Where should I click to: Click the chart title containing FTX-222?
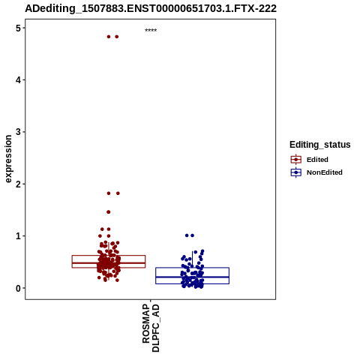(x=151, y=9)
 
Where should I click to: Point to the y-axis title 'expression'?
(x=8, y=159)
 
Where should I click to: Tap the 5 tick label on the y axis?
(x=18, y=28)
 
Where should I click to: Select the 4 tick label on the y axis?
(x=18, y=80)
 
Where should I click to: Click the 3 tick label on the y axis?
(x=18, y=132)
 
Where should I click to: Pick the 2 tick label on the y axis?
(x=18, y=184)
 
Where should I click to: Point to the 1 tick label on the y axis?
(x=18, y=236)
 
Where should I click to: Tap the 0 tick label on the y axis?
(x=18, y=289)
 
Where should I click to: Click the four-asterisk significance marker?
(x=151, y=30)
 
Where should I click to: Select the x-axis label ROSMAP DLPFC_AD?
(x=151, y=328)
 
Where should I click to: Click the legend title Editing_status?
(x=320, y=145)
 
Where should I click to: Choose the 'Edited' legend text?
(x=317, y=160)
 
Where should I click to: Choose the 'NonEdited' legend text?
(x=325, y=172)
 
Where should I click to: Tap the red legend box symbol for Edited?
(x=296, y=160)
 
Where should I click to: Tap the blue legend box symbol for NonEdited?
(x=296, y=172)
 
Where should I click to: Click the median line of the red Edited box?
(x=109, y=263)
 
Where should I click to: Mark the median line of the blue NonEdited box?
(x=192, y=277)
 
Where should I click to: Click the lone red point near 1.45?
(x=109, y=212)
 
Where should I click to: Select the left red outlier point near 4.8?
(x=109, y=37)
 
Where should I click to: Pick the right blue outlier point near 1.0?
(x=192, y=235)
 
